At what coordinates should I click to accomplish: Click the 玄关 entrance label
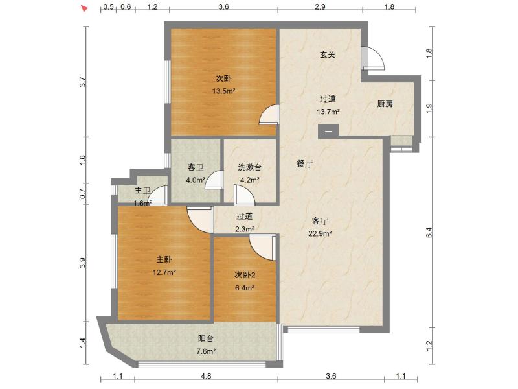tap(327, 54)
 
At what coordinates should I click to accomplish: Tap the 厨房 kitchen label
tap(385, 104)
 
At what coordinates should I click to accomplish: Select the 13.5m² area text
tap(223, 91)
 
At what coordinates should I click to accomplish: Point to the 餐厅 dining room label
tap(304, 163)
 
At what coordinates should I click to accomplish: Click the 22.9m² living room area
tap(320, 233)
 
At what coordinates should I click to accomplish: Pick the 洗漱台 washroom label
tap(249, 167)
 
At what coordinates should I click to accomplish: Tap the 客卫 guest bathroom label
tap(196, 167)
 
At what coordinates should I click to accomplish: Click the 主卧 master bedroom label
tap(164, 259)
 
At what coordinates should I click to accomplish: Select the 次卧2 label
tap(245, 275)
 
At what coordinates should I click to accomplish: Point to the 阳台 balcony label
tap(205, 338)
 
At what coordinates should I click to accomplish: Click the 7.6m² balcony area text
tap(206, 351)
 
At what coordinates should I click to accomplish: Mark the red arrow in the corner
tap(85, 8)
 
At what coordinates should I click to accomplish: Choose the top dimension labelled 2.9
tap(320, 6)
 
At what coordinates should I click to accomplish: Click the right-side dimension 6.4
tap(429, 233)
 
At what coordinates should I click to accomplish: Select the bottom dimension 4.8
tap(206, 376)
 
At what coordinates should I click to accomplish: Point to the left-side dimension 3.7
tap(83, 82)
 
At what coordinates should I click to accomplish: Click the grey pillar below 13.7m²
tap(328, 131)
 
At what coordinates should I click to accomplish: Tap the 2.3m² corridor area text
tap(245, 229)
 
